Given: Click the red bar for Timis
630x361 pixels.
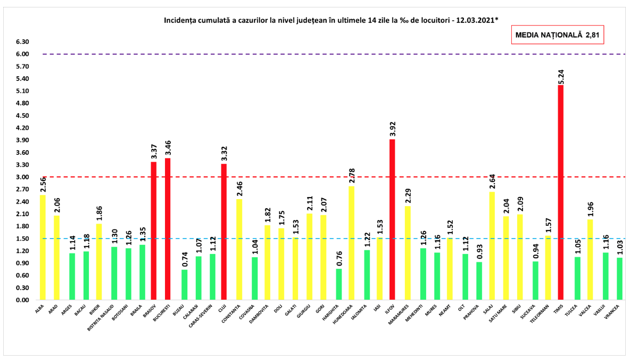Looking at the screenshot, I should point(561,193).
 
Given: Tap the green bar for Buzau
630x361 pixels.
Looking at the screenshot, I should point(184,285).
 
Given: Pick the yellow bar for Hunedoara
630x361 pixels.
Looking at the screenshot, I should point(351,243).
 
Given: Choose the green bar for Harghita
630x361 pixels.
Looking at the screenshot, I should point(338,284).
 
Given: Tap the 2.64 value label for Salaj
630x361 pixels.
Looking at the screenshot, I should point(492,180).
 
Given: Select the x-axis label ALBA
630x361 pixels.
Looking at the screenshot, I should point(39,309).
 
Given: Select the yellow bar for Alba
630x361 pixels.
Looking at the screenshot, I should point(43,248).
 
